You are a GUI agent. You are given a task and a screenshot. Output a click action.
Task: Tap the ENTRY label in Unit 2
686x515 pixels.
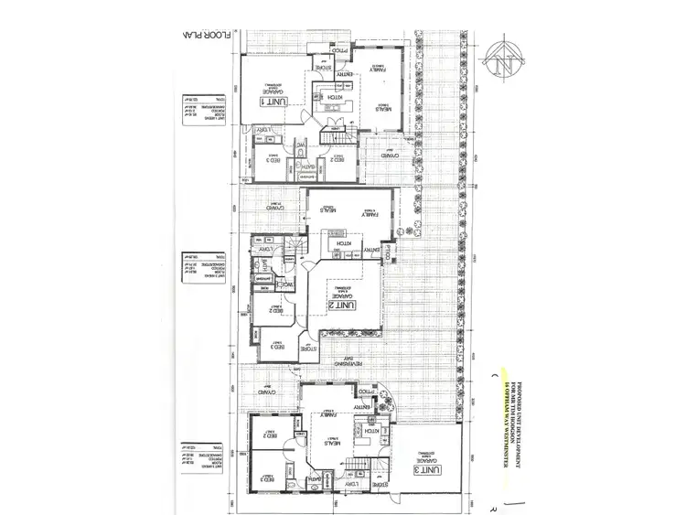373,250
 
